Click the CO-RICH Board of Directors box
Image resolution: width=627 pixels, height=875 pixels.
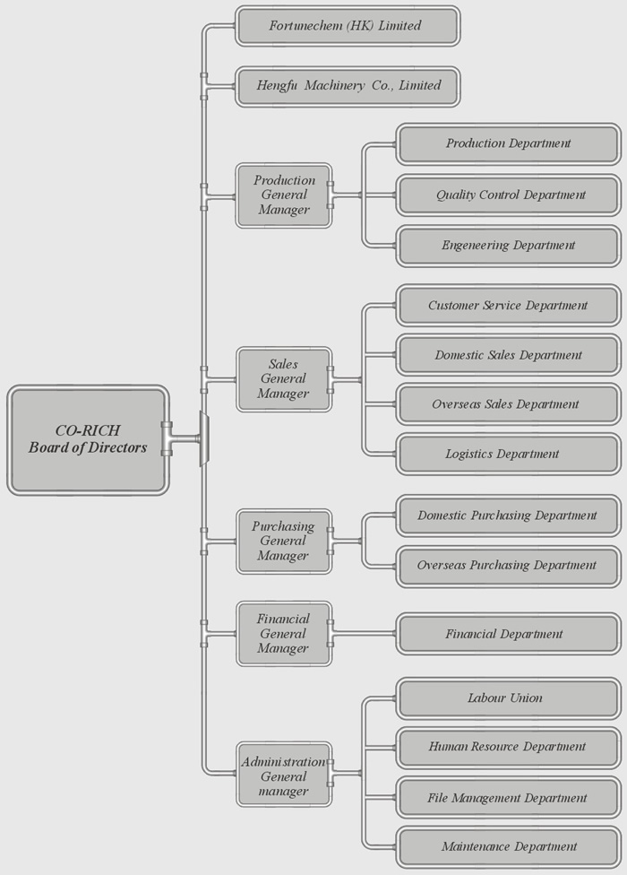(x=88, y=439)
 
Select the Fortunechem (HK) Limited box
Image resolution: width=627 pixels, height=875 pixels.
(x=348, y=26)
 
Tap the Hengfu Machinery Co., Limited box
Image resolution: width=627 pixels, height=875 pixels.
(x=348, y=86)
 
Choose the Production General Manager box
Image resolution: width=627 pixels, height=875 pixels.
(x=284, y=195)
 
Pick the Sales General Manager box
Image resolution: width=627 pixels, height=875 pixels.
(x=284, y=379)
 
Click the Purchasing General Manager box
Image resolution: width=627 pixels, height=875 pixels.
(x=284, y=541)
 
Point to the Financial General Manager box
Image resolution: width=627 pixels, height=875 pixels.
(x=284, y=634)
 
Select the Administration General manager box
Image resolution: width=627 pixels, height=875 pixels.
(x=284, y=774)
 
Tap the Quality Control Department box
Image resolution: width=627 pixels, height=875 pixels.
(x=508, y=195)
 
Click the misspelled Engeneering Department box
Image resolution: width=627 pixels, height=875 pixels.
(x=508, y=246)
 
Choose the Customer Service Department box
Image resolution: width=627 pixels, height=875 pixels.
(x=508, y=305)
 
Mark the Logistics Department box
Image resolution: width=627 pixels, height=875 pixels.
(x=508, y=455)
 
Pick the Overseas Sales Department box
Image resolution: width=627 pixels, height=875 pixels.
(x=508, y=404)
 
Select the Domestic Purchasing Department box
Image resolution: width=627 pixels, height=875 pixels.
(x=508, y=515)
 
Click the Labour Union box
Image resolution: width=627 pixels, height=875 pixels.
(x=508, y=698)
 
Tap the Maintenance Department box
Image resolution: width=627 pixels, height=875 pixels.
(x=508, y=847)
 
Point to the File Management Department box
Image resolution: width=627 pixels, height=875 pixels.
(x=508, y=798)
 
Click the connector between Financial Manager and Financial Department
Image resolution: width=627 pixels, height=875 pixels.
(x=365, y=634)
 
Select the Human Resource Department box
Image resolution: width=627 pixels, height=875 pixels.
(x=508, y=747)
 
